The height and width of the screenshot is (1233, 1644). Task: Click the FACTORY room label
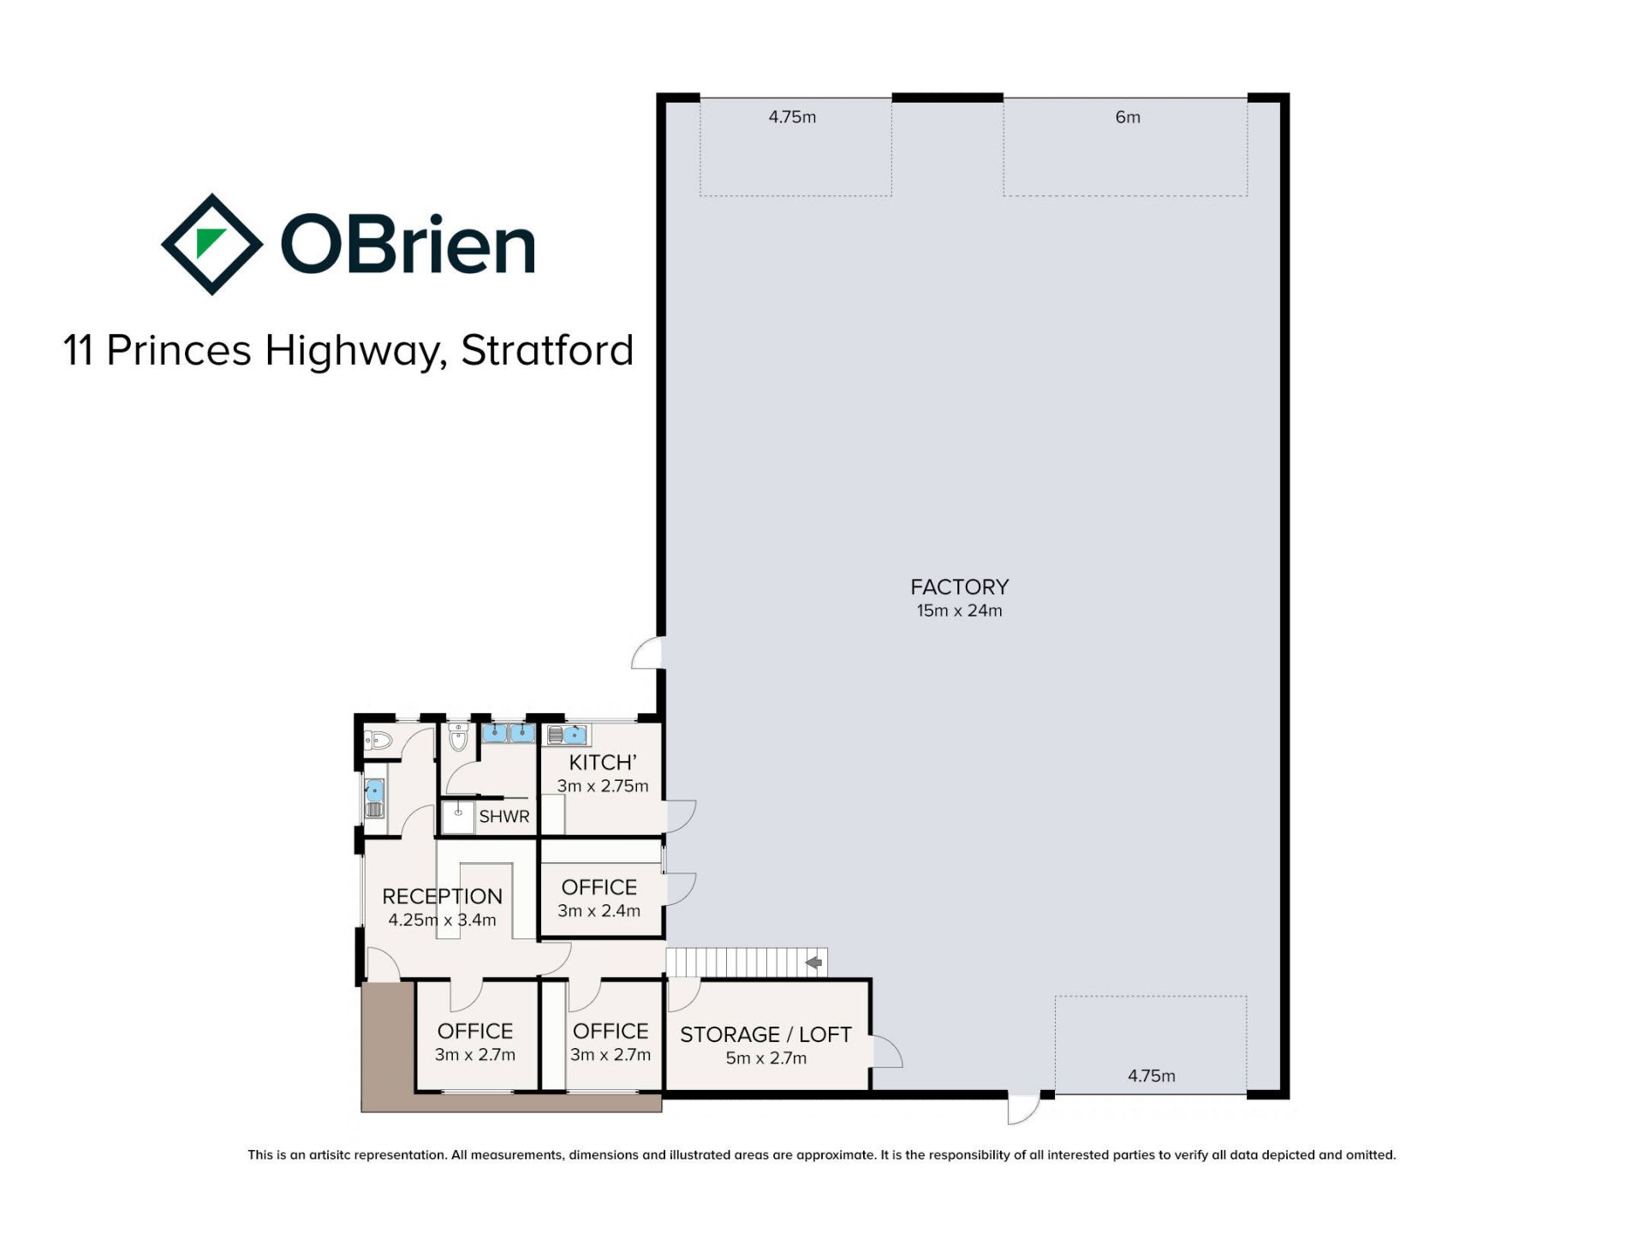(x=959, y=587)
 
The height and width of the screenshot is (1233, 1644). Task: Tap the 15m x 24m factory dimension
(x=959, y=611)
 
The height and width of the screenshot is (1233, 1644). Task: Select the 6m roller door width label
(x=1128, y=117)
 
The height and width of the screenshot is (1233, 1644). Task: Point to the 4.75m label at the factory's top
(x=792, y=117)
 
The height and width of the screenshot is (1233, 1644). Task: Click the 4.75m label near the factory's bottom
(x=1151, y=1075)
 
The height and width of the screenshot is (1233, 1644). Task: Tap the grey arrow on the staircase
(x=814, y=963)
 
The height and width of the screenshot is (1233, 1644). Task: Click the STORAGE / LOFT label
(x=765, y=1034)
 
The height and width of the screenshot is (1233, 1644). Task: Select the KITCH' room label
(x=603, y=762)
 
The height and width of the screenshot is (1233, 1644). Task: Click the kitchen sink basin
(x=575, y=735)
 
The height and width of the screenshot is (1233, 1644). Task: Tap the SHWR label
(x=504, y=816)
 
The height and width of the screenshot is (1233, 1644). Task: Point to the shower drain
(x=458, y=812)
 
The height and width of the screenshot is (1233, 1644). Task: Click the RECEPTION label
(x=442, y=896)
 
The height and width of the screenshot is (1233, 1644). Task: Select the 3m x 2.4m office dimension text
(x=599, y=911)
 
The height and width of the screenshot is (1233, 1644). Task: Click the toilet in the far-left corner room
(x=378, y=741)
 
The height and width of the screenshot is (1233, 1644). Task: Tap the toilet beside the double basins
(x=459, y=736)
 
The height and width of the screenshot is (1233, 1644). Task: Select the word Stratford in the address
(x=547, y=350)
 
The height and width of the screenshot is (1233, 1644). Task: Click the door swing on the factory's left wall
(x=646, y=652)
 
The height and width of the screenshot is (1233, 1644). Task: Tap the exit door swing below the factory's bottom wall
(x=1023, y=1108)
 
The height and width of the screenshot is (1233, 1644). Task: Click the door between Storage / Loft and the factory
(x=887, y=1051)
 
